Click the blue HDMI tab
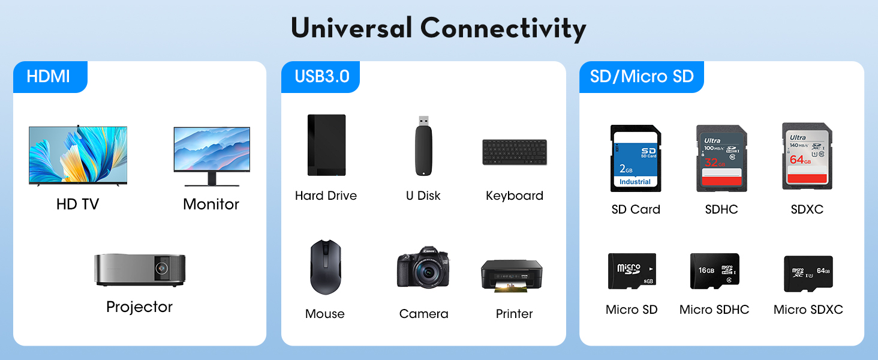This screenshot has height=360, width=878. (x=49, y=77)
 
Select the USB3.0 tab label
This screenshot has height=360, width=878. (x=321, y=77)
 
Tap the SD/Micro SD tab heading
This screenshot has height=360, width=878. (x=641, y=77)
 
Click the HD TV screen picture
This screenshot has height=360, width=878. (x=78, y=155)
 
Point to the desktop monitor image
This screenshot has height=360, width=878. (x=212, y=154)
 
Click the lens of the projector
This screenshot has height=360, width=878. (x=162, y=267)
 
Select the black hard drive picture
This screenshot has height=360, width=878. (x=326, y=145)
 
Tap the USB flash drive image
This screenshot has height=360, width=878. (x=423, y=146)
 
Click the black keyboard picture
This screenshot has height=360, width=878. (x=514, y=152)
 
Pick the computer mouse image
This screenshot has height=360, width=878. (x=325, y=267)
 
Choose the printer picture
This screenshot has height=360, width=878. (x=512, y=275)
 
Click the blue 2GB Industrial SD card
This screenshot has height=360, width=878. (x=635, y=158)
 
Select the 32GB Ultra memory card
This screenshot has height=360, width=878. (x=721, y=158)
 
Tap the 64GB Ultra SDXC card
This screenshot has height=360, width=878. (x=807, y=157)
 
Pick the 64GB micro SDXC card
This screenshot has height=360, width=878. (x=808, y=274)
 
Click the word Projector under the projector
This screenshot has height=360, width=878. (x=139, y=307)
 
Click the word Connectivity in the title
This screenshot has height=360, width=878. (x=503, y=28)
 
